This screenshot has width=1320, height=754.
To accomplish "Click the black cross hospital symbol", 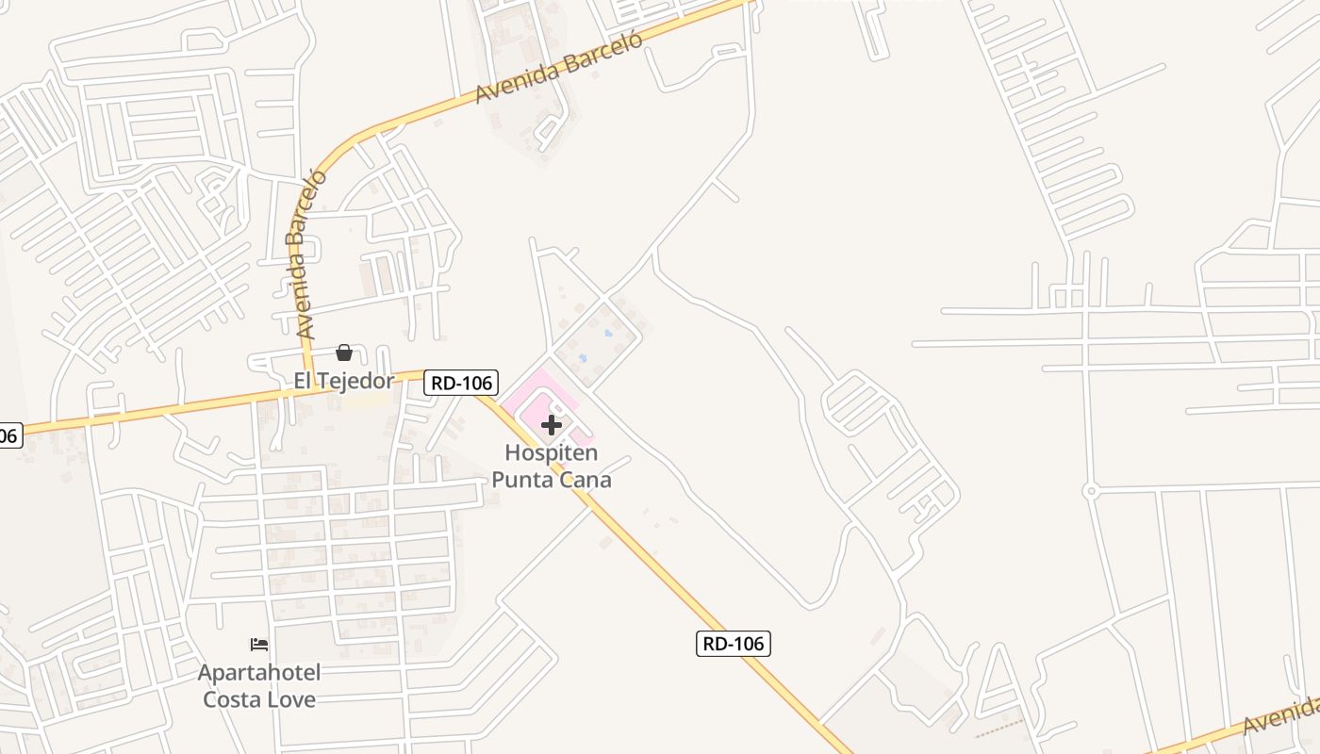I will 552,425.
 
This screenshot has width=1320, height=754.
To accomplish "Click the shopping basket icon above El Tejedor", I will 344,352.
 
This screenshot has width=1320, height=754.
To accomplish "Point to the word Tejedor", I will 356,382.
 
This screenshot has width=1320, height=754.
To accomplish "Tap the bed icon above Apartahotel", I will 259,645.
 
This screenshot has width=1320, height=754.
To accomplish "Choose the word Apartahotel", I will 259,673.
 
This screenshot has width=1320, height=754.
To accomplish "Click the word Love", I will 290,699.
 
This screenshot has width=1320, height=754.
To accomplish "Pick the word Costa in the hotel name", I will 230,699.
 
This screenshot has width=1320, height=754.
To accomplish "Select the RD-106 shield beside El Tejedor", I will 460,383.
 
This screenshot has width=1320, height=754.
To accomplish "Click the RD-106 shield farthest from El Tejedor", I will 734,644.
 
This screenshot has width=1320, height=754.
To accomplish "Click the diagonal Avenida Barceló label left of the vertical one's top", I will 558,68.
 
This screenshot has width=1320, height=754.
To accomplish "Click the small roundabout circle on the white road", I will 1091,491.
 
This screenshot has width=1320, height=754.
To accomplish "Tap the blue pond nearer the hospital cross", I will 582,357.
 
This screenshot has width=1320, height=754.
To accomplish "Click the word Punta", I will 521,480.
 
